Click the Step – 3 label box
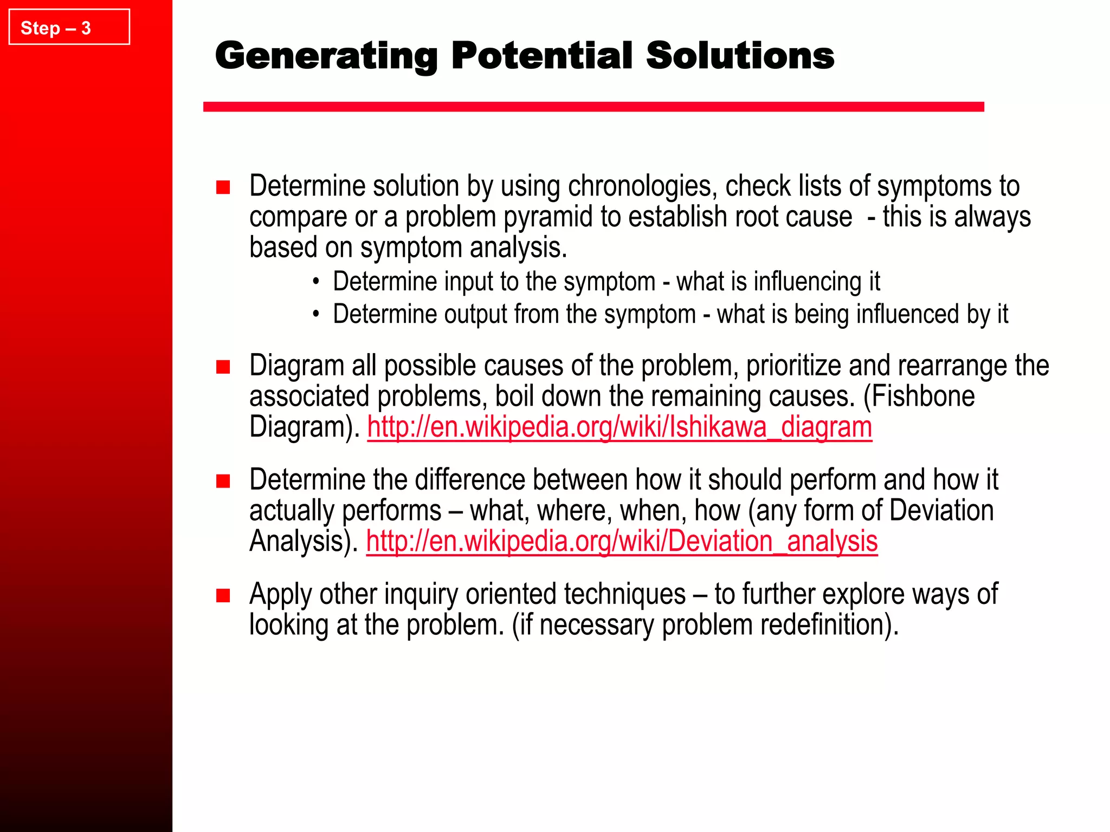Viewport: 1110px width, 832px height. (x=69, y=27)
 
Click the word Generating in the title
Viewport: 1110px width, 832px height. (x=326, y=56)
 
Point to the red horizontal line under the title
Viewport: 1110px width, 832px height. (x=593, y=107)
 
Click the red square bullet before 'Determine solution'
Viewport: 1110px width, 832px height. (x=223, y=187)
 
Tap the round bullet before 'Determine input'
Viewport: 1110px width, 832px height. (x=316, y=282)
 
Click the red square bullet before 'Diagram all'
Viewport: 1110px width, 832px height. (x=223, y=367)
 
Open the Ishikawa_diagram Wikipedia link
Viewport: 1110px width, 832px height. (x=619, y=427)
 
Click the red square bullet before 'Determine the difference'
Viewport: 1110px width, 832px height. (x=223, y=481)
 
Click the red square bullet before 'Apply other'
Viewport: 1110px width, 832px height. (x=223, y=596)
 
